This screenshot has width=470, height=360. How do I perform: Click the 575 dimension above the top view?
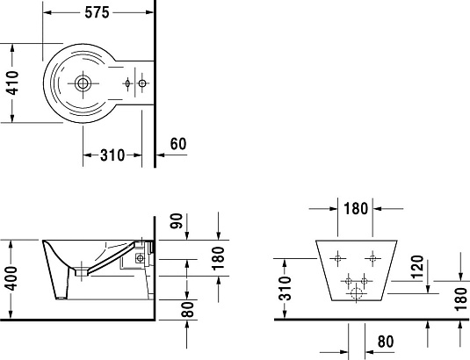[x=97, y=12]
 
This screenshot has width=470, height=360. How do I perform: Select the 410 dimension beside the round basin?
[x=12, y=83]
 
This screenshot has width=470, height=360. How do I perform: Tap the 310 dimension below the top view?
[x=112, y=155]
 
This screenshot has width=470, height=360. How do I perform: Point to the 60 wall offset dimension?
[x=178, y=144]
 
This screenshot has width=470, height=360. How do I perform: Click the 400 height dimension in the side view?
[x=12, y=278]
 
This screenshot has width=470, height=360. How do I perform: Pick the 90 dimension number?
[x=177, y=220]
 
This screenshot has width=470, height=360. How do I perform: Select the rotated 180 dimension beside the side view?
[x=218, y=258]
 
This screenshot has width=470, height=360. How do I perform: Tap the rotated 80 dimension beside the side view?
[x=188, y=309]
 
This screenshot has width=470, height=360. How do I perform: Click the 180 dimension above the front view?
[x=356, y=208]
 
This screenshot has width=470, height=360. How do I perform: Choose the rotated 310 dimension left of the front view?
[x=285, y=288]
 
